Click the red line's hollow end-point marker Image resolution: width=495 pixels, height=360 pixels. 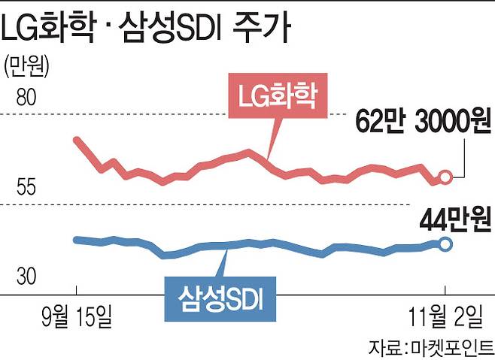click(445, 177)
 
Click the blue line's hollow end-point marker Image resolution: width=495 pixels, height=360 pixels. click(445, 244)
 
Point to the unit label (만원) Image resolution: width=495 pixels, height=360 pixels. click(26, 66)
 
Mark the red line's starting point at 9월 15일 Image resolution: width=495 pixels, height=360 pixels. click(76, 139)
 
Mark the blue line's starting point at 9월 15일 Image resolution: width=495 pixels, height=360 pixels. click(76, 239)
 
